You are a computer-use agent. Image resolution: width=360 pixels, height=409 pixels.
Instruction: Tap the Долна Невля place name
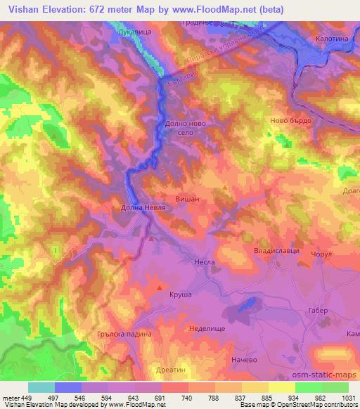click(x=129, y=209)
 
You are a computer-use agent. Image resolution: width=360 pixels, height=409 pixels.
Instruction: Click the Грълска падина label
click(x=124, y=335)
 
